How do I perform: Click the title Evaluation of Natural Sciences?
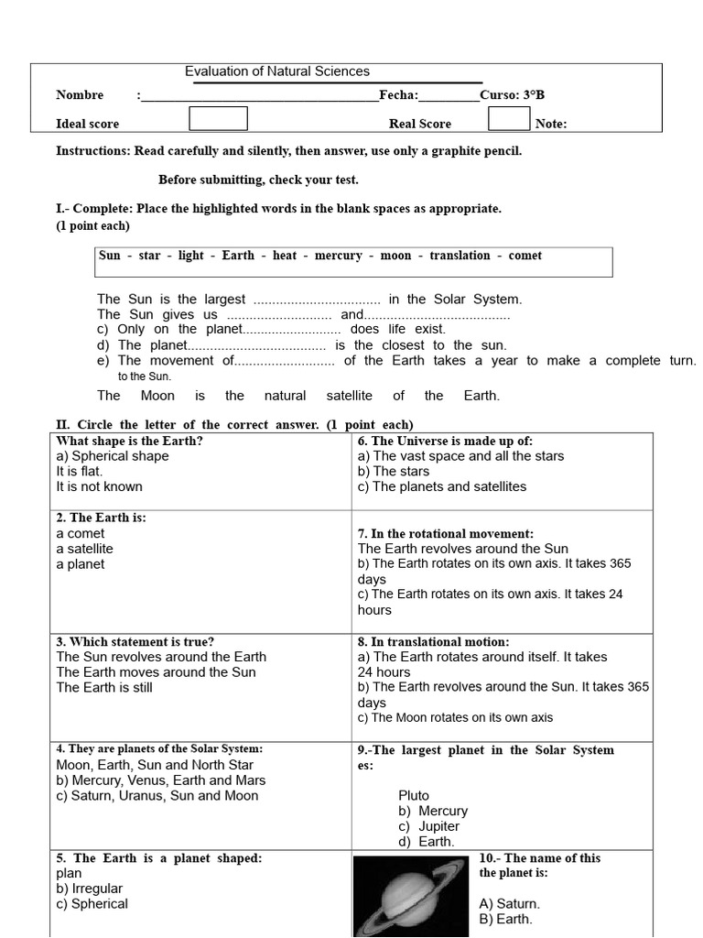coord(277,71)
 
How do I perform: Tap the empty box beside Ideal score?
coord(218,119)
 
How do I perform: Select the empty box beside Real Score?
coord(509,119)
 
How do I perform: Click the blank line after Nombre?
coord(259,96)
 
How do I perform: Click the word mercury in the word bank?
coord(338,256)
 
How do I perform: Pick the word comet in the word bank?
coord(525,256)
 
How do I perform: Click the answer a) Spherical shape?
coord(113,456)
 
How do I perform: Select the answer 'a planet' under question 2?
coord(81,564)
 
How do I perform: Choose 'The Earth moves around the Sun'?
coord(156,672)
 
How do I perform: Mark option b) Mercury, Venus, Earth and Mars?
coord(161,780)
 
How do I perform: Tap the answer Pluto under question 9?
coord(414,796)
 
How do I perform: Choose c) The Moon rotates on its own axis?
coord(455,718)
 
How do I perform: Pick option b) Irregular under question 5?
coord(90,889)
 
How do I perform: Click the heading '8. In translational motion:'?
coord(434,642)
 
